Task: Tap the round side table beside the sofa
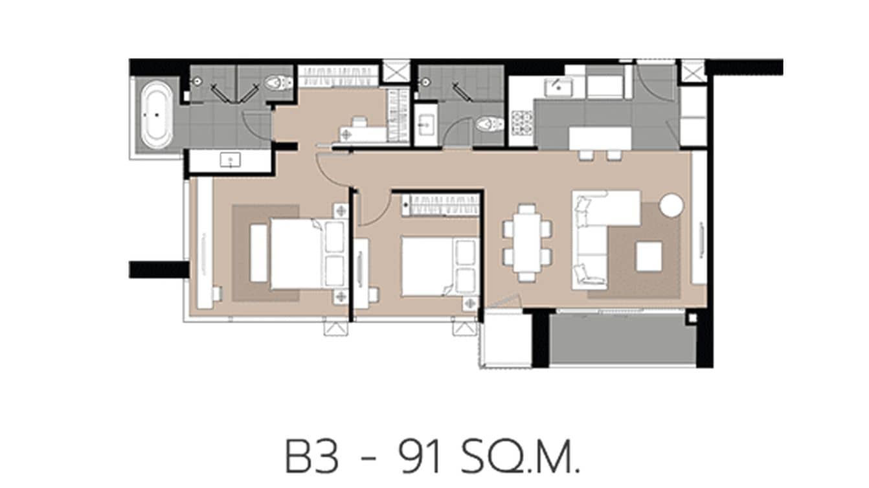pos(671,206)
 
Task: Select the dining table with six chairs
pos(528,242)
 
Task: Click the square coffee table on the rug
pos(649,256)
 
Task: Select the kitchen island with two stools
pos(600,138)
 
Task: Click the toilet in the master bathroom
pos(279,83)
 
